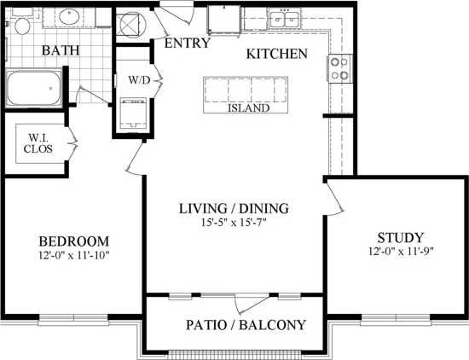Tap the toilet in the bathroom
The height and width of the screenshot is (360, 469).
point(22,23)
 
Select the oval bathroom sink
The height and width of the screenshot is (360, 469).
point(67,17)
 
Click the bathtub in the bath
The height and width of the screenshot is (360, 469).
point(34,89)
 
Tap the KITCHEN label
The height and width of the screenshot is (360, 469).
point(276,54)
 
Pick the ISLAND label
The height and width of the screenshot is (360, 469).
point(248,108)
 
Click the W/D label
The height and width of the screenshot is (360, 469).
point(139,81)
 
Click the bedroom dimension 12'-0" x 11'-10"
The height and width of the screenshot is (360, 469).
point(74,254)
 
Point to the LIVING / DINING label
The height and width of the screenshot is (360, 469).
point(233,208)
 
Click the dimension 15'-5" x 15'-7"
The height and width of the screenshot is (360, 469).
point(234,223)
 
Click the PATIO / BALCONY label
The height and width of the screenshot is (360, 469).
point(246,325)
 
